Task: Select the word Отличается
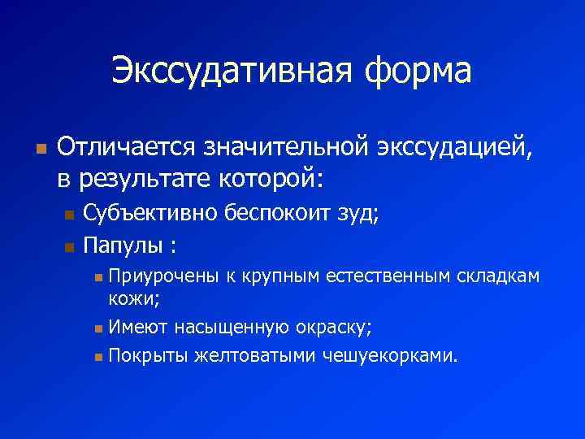pyautogui.click(x=122, y=148)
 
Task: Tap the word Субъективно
pyautogui.click(x=150, y=214)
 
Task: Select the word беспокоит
pyautogui.click(x=276, y=214)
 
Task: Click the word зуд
pyautogui.click(x=358, y=214)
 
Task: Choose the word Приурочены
pyautogui.click(x=163, y=277)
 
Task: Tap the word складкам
pyautogui.click(x=497, y=277)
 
